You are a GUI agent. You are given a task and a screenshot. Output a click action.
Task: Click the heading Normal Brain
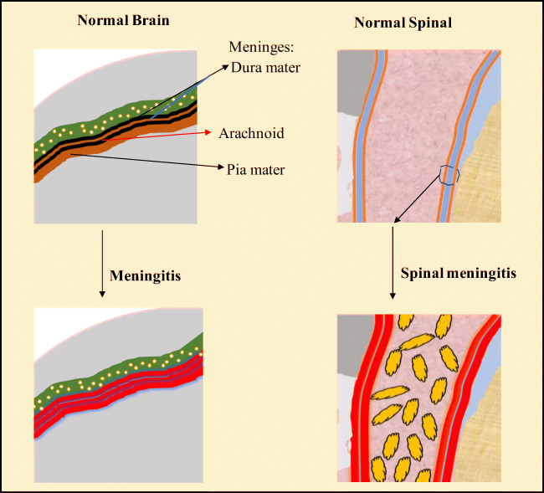click(123, 21)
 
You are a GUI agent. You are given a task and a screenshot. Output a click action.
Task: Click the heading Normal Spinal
click(403, 23)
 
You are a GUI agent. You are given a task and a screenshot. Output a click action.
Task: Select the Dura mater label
click(264, 67)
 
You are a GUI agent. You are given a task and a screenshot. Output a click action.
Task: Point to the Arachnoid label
click(252, 133)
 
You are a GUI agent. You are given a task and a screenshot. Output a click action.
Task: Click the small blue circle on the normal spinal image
click(449, 173)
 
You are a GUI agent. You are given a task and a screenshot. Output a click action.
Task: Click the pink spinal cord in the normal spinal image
click(402, 134)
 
